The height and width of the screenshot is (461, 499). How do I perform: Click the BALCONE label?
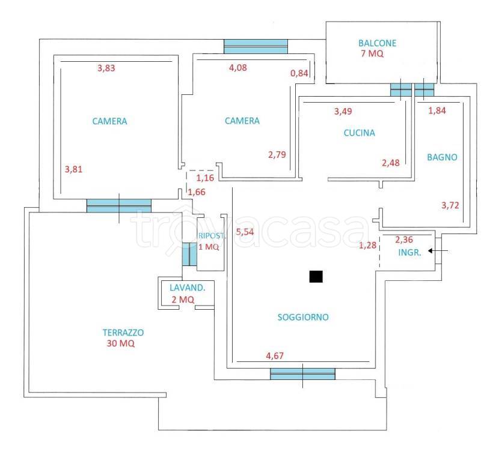coord(377,43)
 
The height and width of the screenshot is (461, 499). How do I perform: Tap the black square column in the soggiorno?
coord(316,276)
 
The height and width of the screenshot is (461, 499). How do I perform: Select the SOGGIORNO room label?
coord(303,318)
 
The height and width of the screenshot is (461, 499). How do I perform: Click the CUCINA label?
coord(359,133)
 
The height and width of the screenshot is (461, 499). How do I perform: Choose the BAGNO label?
coord(442,157)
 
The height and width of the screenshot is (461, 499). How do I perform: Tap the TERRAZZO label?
coord(123,332)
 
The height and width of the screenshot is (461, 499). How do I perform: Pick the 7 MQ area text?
coord(371,54)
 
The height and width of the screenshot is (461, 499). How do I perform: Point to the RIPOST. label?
coord(208,236)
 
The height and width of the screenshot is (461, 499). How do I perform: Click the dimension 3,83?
coord(106,68)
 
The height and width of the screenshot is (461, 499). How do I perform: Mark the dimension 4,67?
coord(275,355)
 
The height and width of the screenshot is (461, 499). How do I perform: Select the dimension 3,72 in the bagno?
coord(450,205)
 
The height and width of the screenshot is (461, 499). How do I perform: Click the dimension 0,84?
coord(299,73)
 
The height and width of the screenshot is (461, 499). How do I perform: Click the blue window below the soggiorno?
coord(302,374)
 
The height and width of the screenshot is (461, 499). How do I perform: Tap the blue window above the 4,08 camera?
coord(256,46)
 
